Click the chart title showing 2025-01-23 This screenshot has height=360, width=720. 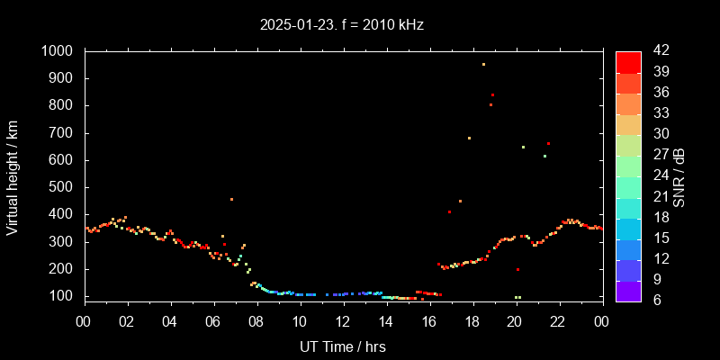coord(342,25)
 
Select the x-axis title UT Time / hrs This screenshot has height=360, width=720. coord(342,346)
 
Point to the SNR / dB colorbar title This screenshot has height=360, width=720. coord(679,175)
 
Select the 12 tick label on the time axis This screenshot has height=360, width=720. coord(343,321)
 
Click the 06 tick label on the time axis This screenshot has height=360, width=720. coord(213,321)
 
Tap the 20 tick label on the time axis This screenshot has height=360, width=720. coord(515,321)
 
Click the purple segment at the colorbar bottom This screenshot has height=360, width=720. coord(628,291)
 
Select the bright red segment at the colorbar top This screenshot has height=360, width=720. coord(628,61)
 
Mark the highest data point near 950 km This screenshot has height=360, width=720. coord(483,64)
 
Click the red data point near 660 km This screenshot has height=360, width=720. coord(548,144)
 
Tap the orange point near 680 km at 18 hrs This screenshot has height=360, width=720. coord(469,138)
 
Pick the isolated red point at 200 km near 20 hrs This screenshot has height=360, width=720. coord(517,269)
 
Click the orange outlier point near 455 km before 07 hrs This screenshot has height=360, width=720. coord(231,199)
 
